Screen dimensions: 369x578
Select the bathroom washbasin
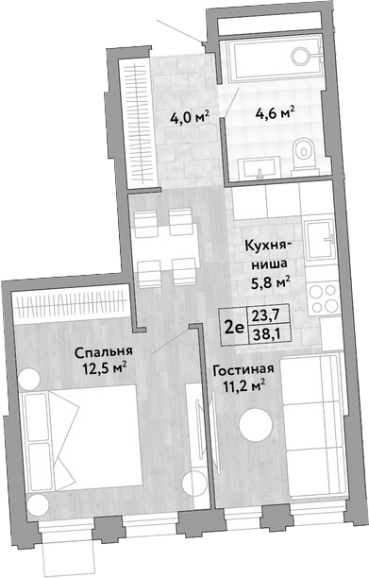[260, 168]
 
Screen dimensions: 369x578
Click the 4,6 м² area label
[276, 112]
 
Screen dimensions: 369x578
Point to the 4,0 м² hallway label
[190, 118]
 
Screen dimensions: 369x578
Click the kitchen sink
[319, 240]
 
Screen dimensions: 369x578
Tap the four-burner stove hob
[324, 297]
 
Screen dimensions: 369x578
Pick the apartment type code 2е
[234, 327]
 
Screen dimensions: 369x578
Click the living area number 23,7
[265, 315]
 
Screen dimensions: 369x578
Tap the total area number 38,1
[265, 334]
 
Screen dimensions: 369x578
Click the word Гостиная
[243, 369]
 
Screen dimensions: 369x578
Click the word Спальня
[103, 353]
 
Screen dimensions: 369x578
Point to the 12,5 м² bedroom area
[105, 369]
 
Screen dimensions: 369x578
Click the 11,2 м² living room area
[244, 386]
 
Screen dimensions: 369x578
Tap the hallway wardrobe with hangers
[138, 123]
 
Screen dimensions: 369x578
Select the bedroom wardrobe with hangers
[71, 304]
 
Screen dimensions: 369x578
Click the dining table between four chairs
[165, 248]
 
